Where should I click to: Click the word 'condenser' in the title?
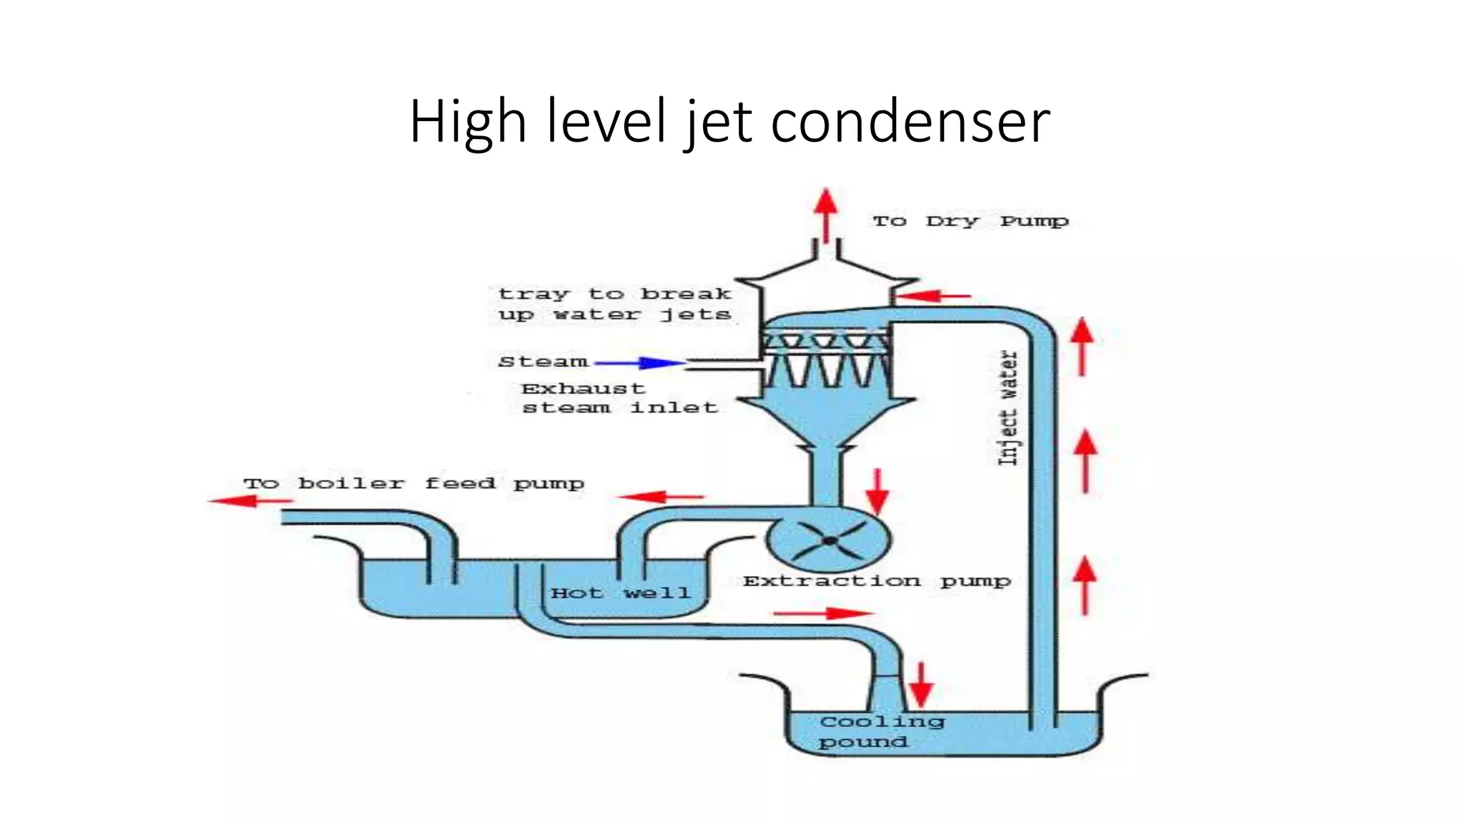point(910,121)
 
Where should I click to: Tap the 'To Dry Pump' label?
point(970,221)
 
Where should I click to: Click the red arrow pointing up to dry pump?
point(826,214)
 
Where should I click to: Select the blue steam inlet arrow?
point(639,363)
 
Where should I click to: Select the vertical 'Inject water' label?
point(1007,408)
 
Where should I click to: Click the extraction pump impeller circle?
point(829,541)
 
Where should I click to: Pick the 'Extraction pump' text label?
point(876,582)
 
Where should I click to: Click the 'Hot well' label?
point(620,593)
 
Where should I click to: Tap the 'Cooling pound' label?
point(881,732)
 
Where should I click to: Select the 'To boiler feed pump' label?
point(413,484)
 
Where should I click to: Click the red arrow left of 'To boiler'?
point(250,501)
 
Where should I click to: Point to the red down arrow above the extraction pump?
point(877,491)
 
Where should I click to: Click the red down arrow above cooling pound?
point(920,684)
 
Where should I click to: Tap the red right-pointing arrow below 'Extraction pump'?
point(823,613)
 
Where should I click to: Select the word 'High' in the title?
point(467,121)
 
